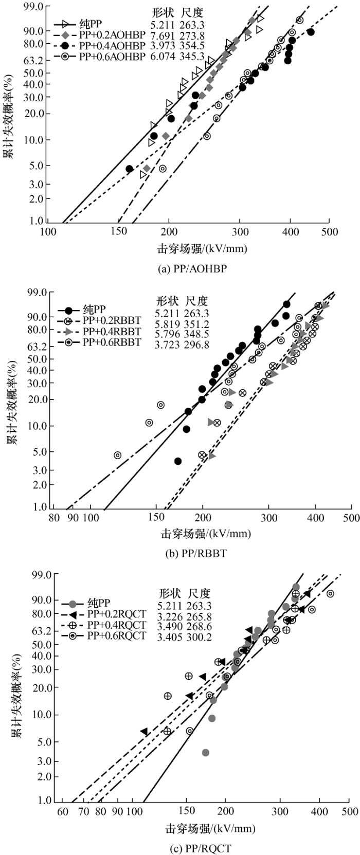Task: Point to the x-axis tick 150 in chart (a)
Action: tap(119, 232)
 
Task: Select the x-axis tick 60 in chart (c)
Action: tap(62, 812)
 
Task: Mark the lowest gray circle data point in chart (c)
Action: tap(206, 753)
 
